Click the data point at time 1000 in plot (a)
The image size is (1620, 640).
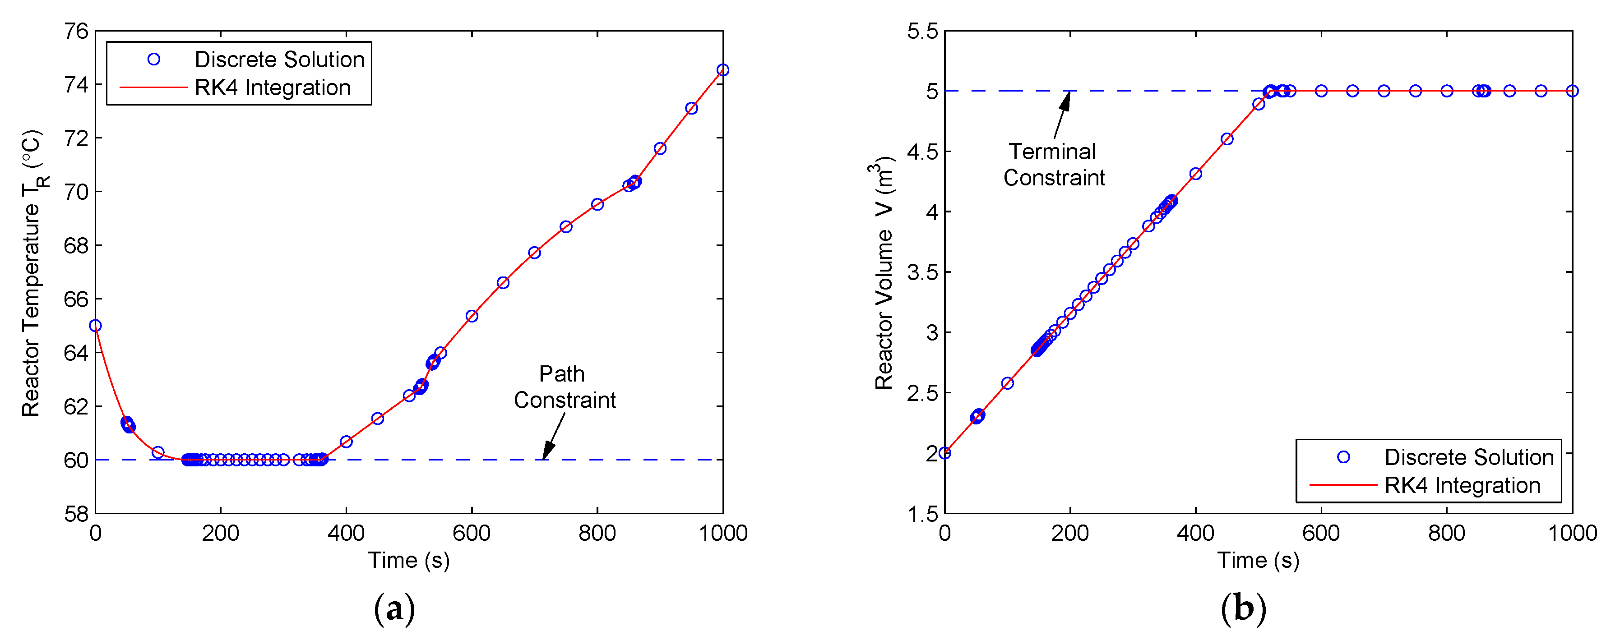722,70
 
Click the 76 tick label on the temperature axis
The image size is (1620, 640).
76,31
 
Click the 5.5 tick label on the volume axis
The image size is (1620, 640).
922,31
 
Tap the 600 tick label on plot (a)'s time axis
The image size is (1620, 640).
471,534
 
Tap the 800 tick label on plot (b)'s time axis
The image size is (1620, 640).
1446,534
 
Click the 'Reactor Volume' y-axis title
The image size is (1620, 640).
884,273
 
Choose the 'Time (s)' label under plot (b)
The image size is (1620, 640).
1258,560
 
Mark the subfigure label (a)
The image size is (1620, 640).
394,608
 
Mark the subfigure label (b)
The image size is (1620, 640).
1243,608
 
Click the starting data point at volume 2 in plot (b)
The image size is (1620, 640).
944,453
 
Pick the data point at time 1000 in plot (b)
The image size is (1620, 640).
1572,91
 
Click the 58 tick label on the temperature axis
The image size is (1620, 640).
76,514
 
